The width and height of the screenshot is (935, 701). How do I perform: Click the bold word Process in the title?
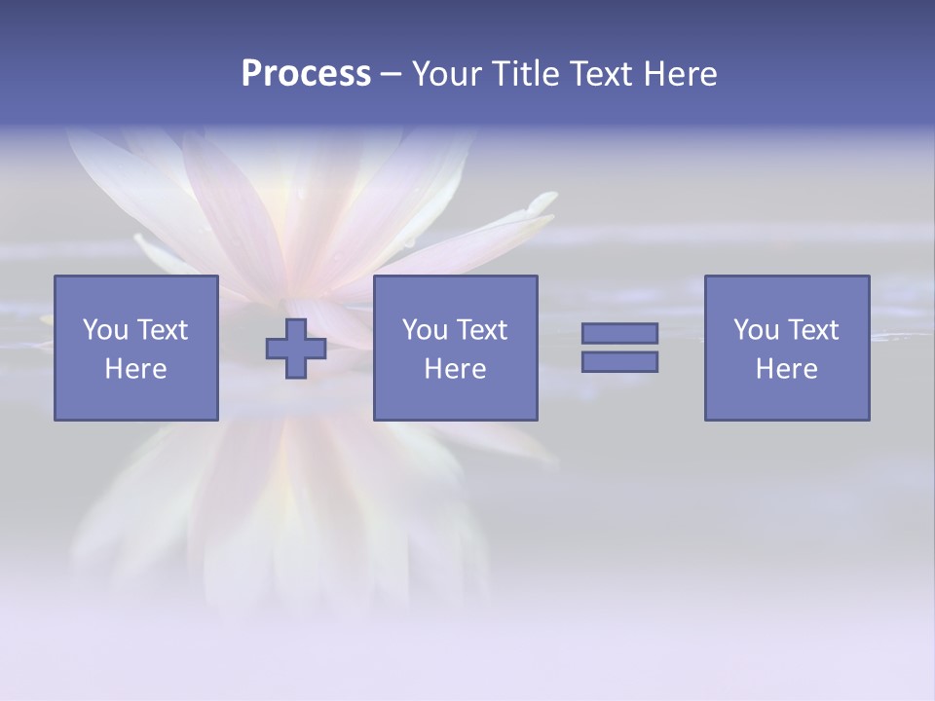[306, 74]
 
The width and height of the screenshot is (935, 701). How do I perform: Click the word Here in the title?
[681, 74]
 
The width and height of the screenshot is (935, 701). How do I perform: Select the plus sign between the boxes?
[296, 349]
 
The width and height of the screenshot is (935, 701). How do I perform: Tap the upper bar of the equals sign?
[619, 333]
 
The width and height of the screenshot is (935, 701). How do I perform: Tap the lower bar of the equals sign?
[619, 362]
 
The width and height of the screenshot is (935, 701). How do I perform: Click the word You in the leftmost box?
[105, 330]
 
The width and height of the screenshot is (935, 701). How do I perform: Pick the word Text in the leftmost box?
[162, 330]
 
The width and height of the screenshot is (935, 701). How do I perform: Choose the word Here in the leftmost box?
[135, 369]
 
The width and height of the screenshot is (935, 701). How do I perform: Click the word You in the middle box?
[425, 330]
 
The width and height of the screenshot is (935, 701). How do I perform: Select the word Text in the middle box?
[481, 330]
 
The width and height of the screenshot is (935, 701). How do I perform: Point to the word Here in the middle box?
[455, 369]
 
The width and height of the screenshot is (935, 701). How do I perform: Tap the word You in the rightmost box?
[756, 330]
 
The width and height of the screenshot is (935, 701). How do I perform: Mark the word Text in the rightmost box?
[812, 330]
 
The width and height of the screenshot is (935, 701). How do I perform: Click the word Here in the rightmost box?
[786, 369]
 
